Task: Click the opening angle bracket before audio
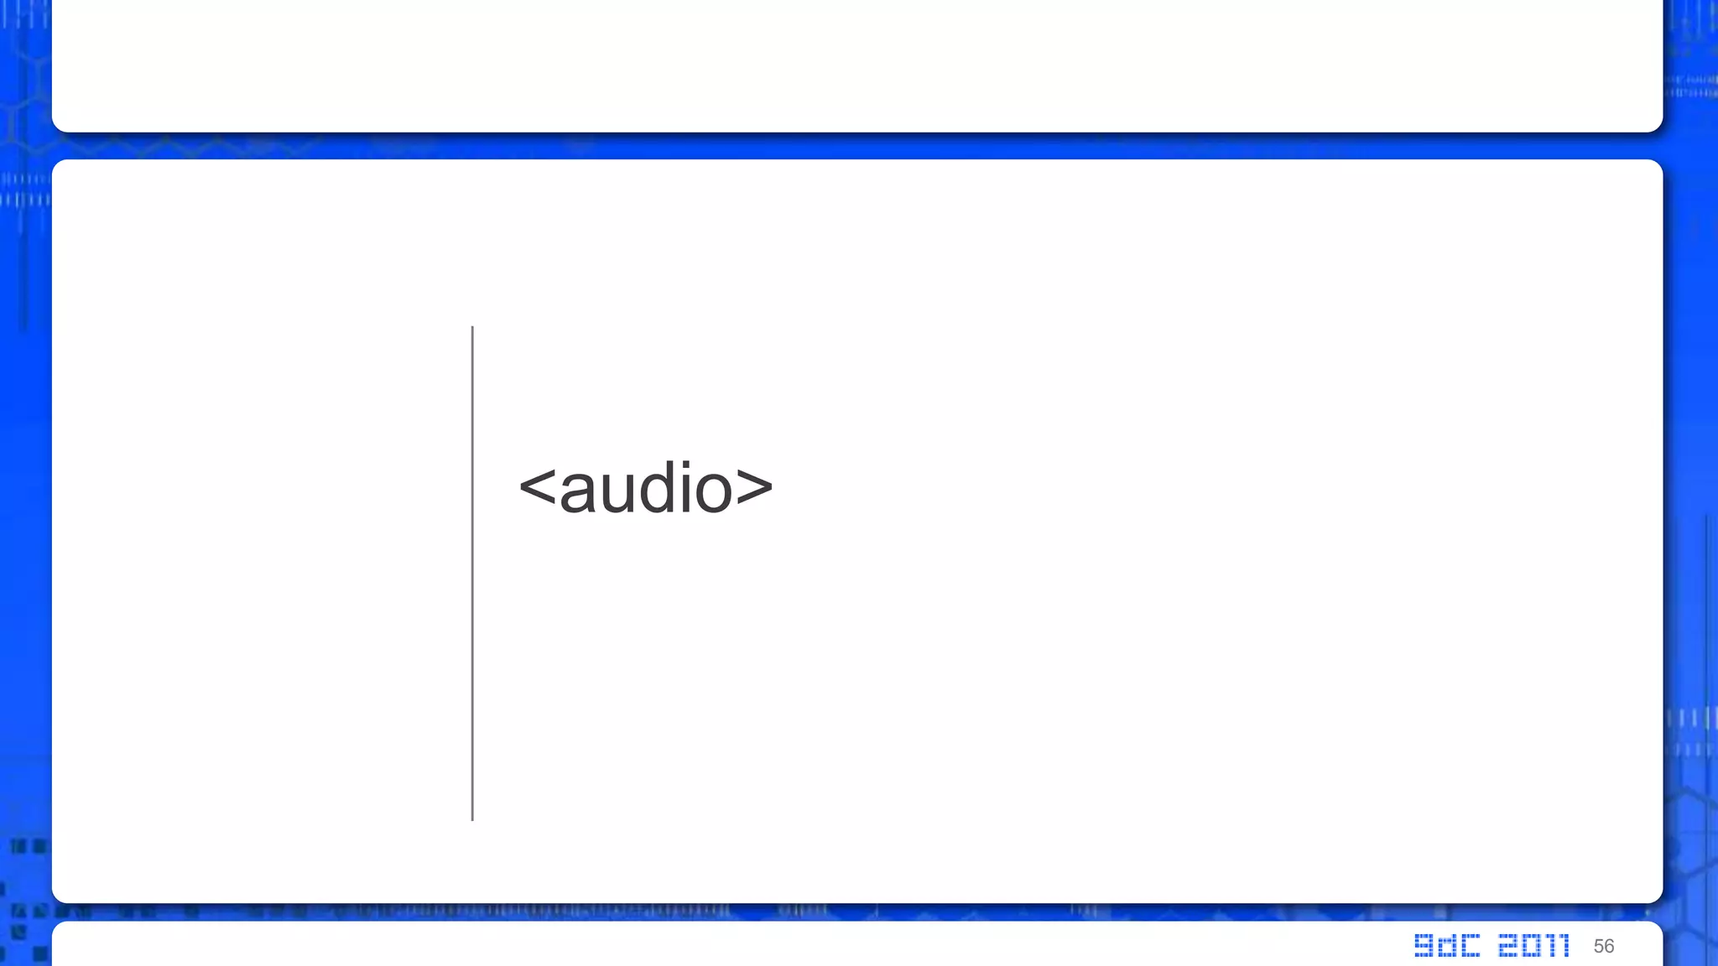click(538, 490)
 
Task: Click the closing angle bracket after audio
click(754, 490)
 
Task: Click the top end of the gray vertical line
click(472, 329)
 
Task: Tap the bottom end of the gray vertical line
click(472, 818)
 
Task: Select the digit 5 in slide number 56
click(1599, 947)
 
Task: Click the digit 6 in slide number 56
click(1609, 947)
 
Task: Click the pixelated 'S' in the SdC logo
click(1424, 946)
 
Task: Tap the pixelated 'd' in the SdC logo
click(1446, 946)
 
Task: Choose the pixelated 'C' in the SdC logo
click(1470, 946)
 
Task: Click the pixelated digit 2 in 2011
click(1507, 946)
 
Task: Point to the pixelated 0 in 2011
click(1532, 946)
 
